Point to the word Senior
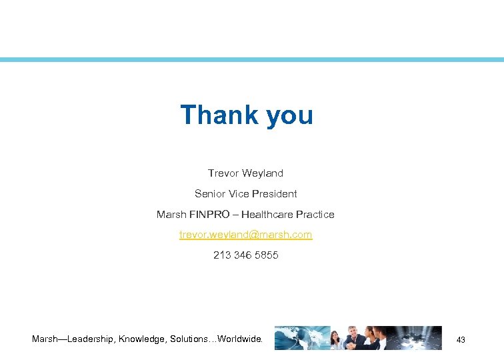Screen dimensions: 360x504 point(209,194)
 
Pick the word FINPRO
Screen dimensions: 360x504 point(208,215)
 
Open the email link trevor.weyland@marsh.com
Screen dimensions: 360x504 point(245,235)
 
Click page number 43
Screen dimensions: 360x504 point(461,341)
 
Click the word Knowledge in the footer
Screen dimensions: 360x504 point(143,339)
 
